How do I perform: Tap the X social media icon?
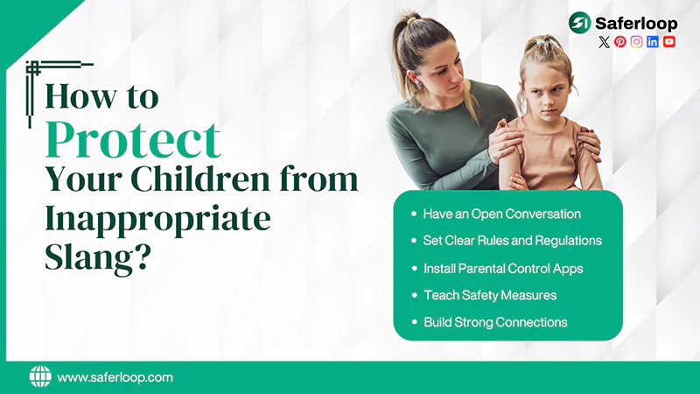(x=604, y=41)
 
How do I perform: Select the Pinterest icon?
(x=620, y=41)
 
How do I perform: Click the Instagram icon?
(x=636, y=41)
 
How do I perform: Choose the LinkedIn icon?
(x=653, y=41)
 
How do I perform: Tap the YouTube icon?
(x=669, y=41)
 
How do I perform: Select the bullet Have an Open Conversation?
(x=501, y=214)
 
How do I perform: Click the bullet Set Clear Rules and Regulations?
(x=512, y=240)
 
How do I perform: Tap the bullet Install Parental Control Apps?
(x=503, y=268)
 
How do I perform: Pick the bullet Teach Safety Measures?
(x=490, y=295)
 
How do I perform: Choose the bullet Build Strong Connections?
(x=495, y=322)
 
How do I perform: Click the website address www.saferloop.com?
(x=115, y=377)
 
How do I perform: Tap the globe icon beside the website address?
(x=40, y=376)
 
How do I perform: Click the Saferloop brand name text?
(x=635, y=24)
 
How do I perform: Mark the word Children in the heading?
(x=199, y=179)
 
